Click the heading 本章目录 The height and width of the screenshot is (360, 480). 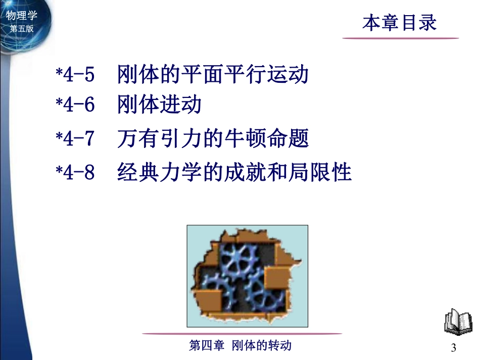point(399,23)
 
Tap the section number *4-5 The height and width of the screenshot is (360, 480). point(75,75)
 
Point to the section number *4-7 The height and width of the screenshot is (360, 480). point(75,139)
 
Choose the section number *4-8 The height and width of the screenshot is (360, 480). point(75,172)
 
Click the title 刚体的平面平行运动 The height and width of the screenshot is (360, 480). point(212,75)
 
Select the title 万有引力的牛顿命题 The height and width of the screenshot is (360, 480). point(212,139)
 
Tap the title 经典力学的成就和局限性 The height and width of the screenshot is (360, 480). point(234,172)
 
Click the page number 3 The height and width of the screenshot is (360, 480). point(453,348)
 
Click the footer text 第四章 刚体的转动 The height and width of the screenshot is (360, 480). point(240,346)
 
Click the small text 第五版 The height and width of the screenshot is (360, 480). point(21,29)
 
